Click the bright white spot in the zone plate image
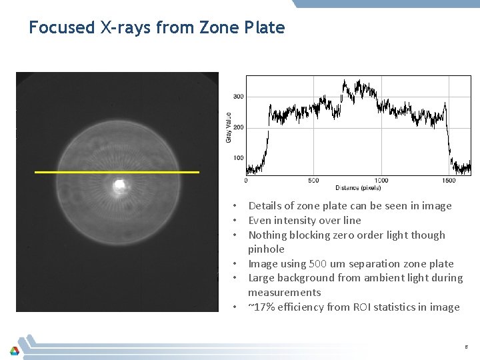pyautogui.click(x=120, y=184)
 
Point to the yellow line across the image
pyautogui.click(x=117, y=172)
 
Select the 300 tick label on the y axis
pyautogui.click(x=238, y=97)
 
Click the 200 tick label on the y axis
pyautogui.click(x=238, y=127)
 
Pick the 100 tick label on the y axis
pyautogui.click(x=238, y=158)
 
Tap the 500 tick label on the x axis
pyautogui.click(x=313, y=181)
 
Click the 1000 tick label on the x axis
pyautogui.click(x=381, y=181)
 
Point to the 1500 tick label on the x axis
pyautogui.click(x=449, y=181)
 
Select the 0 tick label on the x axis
pyautogui.click(x=246, y=181)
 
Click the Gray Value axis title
pyautogui.click(x=229, y=126)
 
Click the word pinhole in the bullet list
pyautogui.click(x=266, y=249)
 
